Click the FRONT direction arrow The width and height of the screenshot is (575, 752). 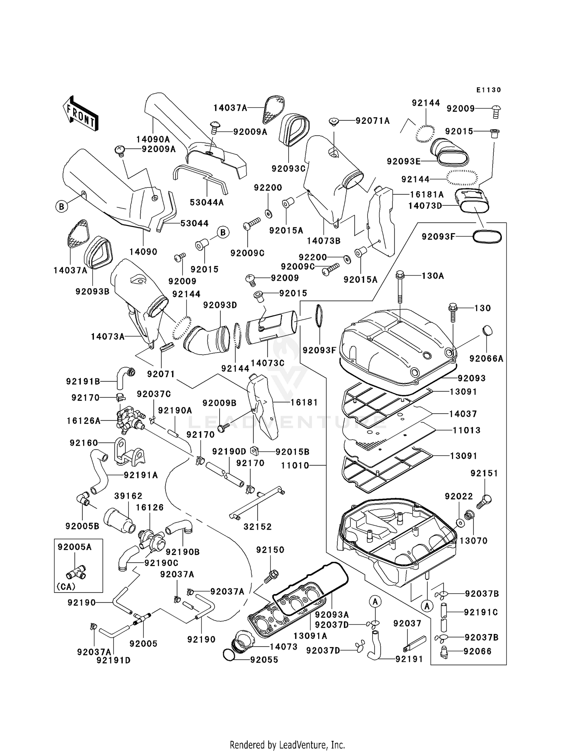tap(80, 113)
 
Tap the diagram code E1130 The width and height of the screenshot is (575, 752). tap(488, 90)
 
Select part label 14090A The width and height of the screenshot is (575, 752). tap(153, 139)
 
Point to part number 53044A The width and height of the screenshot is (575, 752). tap(207, 202)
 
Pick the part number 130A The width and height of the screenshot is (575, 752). tap(432, 276)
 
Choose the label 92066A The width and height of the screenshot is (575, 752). tap(486, 358)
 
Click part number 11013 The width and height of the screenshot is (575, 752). tap(466, 430)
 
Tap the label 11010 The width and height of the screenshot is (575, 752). tap(295, 465)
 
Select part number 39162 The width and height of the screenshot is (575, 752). tap(128, 496)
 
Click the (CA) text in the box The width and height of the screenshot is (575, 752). tap(66, 586)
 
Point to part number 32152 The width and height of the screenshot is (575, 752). tap(258, 527)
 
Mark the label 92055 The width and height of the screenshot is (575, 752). tap(264, 660)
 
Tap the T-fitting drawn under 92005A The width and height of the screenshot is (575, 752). tap(76, 573)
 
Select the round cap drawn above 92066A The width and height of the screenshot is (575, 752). tap(487, 331)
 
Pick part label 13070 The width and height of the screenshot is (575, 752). tap(473, 540)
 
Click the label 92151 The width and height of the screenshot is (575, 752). tap(484, 473)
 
